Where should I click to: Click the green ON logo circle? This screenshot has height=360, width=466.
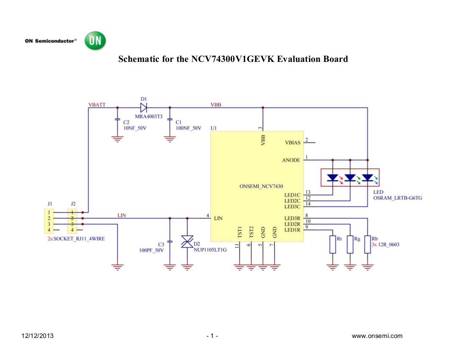pos(95,41)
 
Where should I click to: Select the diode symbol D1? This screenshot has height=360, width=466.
pos(143,108)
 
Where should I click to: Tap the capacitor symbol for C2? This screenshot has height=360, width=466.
pos(117,120)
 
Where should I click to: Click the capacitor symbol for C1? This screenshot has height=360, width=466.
pos(170,120)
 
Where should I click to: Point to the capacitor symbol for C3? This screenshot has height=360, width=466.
pos(170,241)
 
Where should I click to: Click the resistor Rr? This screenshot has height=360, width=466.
pos(332,244)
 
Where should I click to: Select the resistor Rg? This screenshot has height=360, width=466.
pos(350,244)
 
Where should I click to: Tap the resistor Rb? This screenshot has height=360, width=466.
pos(368,244)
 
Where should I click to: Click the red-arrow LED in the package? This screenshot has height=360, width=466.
pos(333,177)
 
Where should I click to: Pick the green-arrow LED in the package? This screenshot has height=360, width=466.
pos(350,177)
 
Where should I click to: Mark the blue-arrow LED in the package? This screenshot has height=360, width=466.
pos(367,177)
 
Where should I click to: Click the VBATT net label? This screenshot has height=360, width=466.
pos(97,104)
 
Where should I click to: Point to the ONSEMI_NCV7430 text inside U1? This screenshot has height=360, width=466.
pos(261,186)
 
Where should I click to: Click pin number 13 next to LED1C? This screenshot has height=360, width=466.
pos(308,192)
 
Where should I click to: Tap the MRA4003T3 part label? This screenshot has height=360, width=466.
pos(148,116)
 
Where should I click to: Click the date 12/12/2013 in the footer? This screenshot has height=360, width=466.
pos(38,336)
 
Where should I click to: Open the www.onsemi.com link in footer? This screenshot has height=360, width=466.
pos(377,336)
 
